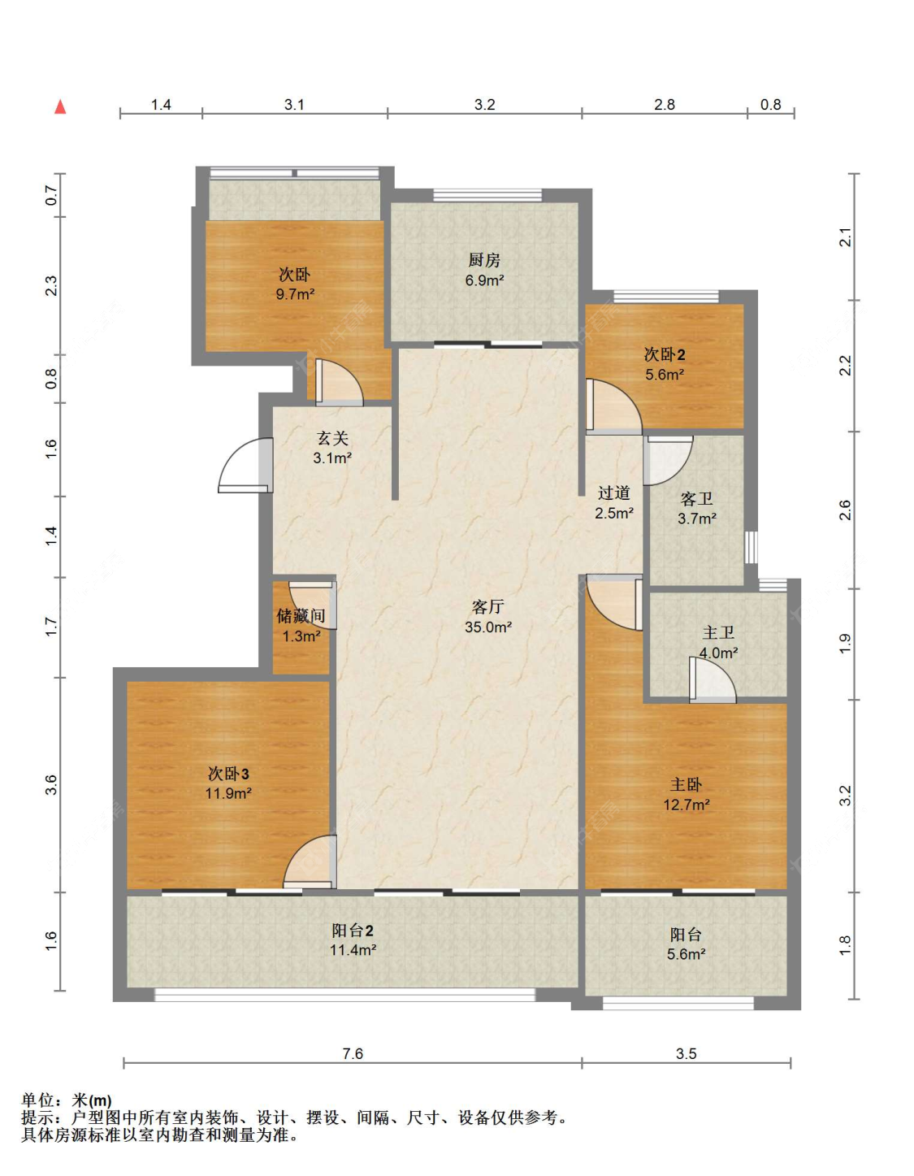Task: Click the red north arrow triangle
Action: pyautogui.click(x=60, y=107)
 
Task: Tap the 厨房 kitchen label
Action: pyautogui.click(x=484, y=260)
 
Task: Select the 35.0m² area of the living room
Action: pyautogui.click(x=487, y=627)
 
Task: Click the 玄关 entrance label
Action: pyautogui.click(x=332, y=438)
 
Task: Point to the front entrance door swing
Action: pyautogui.click(x=245, y=465)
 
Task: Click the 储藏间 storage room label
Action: pyautogui.click(x=301, y=615)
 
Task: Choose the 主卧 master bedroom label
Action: pyautogui.click(x=686, y=784)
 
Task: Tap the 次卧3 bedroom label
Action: pyautogui.click(x=228, y=774)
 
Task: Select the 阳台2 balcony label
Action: pyautogui.click(x=353, y=931)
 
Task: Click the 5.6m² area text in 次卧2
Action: pyautogui.click(x=665, y=374)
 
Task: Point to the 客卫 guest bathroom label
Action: pyautogui.click(x=696, y=498)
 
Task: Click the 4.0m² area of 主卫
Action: pyautogui.click(x=718, y=653)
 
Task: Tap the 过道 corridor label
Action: pyautogui.click(x=614, y=493)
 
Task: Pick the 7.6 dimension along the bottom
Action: pyautogui.click(x=353, y=1054)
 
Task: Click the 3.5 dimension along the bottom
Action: pyautogui.click(x=686, y=1054)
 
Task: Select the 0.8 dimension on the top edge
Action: pyautogui.click(x=770, y=105)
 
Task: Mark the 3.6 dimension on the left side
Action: pyautogui.click(x=50, y=785)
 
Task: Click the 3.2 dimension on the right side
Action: pyautogui.click(x=845, y=796)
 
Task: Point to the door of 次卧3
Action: pyautogui.click(x=310, y=861)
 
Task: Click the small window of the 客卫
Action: pyautogui.click(x=752, y=547)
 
